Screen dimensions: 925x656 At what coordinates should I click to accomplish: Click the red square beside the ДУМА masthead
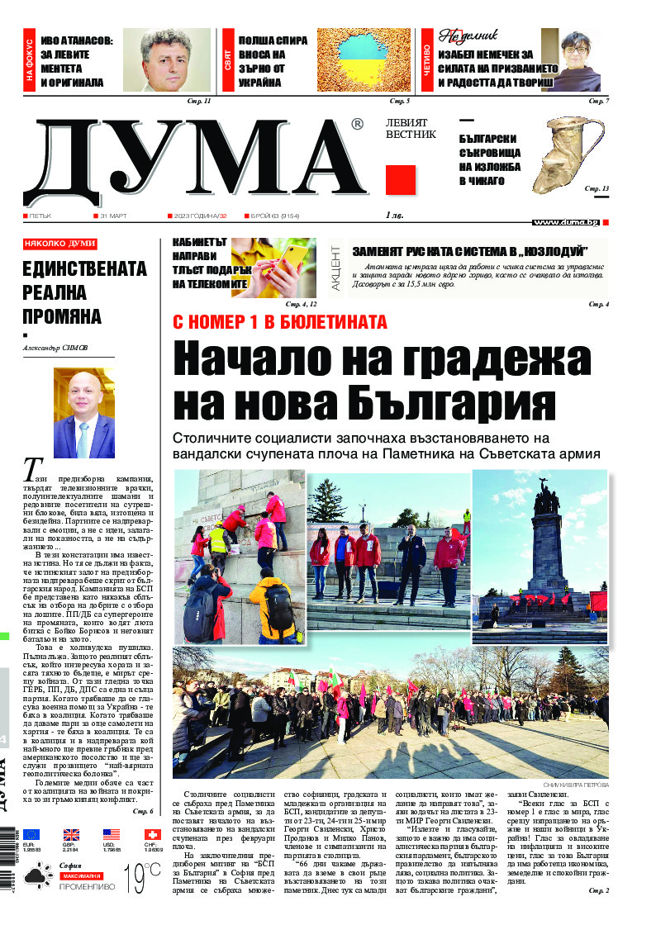400,179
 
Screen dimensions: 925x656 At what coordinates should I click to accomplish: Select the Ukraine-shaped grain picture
364,60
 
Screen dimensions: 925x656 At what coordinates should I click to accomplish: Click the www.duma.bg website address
566,222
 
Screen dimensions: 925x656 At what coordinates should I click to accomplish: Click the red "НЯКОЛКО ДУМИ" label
59,244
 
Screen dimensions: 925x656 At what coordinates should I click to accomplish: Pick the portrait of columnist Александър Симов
83,413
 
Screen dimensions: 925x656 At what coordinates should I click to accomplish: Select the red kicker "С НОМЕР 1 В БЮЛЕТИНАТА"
279,322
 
